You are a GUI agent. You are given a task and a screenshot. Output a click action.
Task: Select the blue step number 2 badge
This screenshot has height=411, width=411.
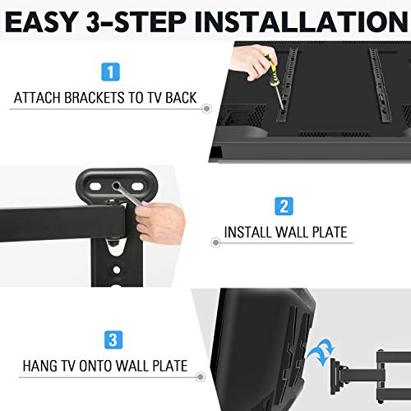(x=283, y=205)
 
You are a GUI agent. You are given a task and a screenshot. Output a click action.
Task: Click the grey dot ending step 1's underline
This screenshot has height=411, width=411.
(x=205, y=109)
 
